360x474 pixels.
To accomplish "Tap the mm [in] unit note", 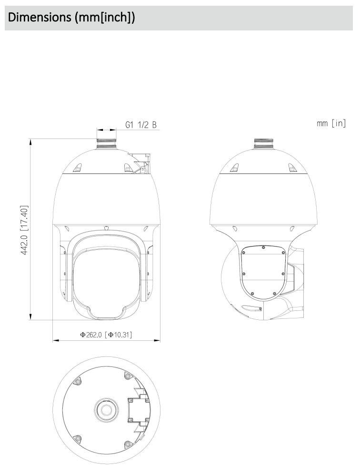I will point(331,124).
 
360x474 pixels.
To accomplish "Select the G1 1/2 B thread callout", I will point(141,125).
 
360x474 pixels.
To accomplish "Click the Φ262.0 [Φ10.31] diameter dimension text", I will point(106,335).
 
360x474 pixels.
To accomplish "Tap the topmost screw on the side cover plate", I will point(263,247).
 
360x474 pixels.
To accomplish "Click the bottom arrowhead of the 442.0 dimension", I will point(31,317).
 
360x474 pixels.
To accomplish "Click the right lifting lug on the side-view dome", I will point(291,168).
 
